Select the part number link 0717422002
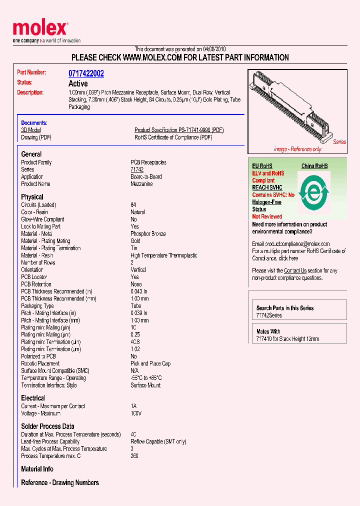[x=86, y=73]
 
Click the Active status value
[x=78, y=83]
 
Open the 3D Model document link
[x=30, y=130]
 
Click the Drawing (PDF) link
[x=36, y=137]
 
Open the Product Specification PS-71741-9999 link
[x=178, y=130]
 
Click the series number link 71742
[x=137, y=169]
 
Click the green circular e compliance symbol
[x=313, y=191]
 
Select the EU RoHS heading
[x=262, y=166]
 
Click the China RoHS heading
[x=314, y=166]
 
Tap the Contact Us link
[x=295, y=270]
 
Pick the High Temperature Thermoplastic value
[x=163, y=255]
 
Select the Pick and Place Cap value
[x=150, y=363]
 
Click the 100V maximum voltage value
[x=136, y=413]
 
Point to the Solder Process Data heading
[x=47, y=426]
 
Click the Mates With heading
[x=268, y=331]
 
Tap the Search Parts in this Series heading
[x=285, y=308]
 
